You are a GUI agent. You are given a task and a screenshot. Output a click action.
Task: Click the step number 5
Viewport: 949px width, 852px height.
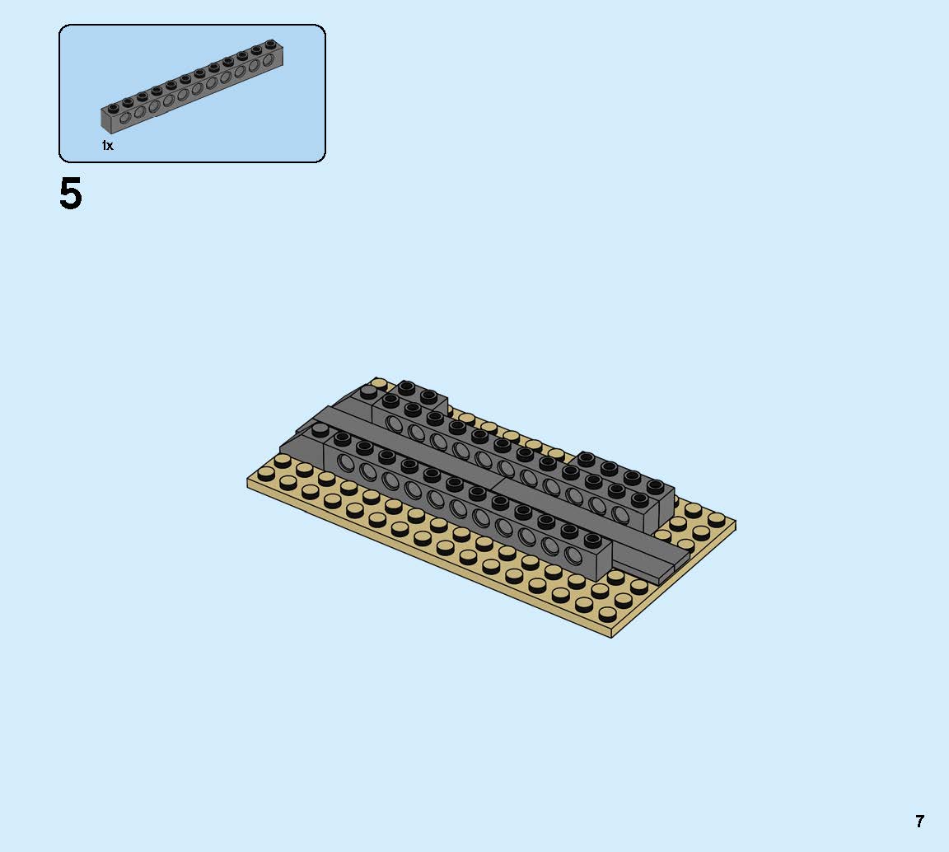coord(70,194)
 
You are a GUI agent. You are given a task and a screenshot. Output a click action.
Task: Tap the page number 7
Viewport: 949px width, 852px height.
coord(919,822)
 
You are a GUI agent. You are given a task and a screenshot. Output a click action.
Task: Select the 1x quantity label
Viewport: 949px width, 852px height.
coord(108,145)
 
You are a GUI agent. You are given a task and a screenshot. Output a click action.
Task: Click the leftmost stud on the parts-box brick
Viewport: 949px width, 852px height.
coord(113,108)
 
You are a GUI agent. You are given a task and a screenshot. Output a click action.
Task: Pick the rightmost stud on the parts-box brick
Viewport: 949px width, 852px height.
coord(270,44)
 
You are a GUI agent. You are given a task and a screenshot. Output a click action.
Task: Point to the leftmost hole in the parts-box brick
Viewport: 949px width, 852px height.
coord(125,117)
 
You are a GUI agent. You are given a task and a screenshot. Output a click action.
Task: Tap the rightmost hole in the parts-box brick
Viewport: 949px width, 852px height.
coord(268,60)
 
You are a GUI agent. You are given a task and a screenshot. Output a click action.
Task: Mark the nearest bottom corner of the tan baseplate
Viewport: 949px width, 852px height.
coord(611,638)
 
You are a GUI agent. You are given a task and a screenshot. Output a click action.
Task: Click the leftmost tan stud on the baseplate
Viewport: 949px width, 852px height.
coord(265,474)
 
